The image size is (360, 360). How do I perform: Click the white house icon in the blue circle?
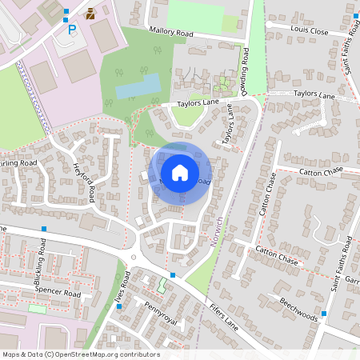[180, 172]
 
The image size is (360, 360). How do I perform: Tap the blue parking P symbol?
[72, 30]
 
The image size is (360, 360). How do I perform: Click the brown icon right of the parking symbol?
[90, 14]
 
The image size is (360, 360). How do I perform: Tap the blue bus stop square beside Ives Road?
[118, 306]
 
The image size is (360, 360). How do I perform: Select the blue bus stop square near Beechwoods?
[324, 314]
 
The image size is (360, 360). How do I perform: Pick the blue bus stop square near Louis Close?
[355, 15]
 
